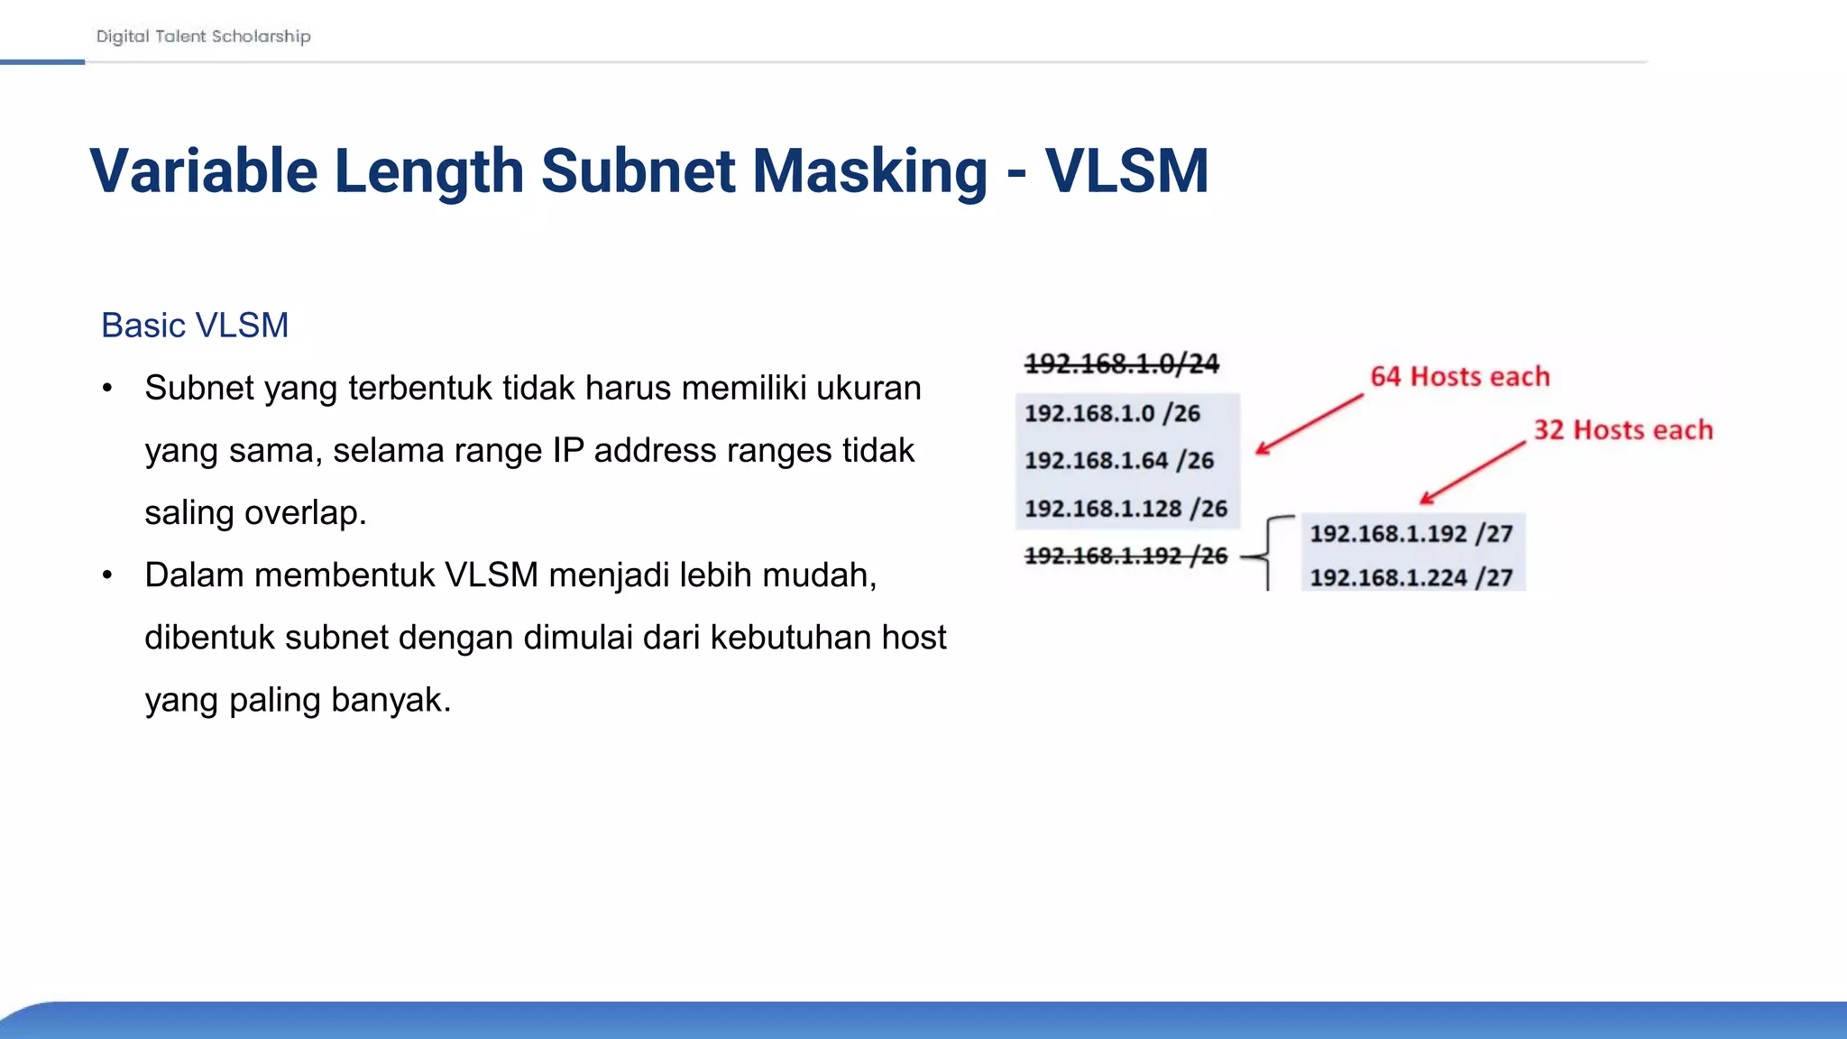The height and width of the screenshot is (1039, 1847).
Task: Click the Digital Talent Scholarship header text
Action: (203, 36)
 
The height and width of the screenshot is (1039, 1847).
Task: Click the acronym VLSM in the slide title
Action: (1126, 170)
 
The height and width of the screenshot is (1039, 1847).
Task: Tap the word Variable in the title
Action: (204, 170)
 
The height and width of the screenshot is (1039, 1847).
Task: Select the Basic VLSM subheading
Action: (195, 325)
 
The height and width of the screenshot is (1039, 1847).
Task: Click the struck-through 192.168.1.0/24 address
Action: (1122, 363)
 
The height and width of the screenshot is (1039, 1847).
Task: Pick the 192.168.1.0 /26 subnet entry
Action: (1112, 413)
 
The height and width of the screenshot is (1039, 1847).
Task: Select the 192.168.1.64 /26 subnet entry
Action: (1119, 460)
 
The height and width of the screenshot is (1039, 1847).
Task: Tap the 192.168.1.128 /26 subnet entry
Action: (1126, 509)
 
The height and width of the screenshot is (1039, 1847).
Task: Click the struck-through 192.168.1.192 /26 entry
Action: (1126, 556)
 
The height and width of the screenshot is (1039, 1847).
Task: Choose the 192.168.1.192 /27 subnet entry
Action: (1411, 534)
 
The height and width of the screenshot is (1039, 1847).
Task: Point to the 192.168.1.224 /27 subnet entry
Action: (1411, 577)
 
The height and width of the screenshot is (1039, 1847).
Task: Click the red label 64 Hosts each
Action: (1460, 376)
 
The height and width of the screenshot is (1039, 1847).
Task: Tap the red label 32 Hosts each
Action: (1623, 430)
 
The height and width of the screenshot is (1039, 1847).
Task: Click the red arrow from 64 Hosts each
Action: (1309, 424)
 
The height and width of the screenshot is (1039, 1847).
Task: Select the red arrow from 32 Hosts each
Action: (1472, 473)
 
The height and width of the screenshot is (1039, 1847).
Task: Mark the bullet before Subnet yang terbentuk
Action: (107, 389)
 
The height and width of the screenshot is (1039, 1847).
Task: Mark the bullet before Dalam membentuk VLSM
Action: (107, 575)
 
